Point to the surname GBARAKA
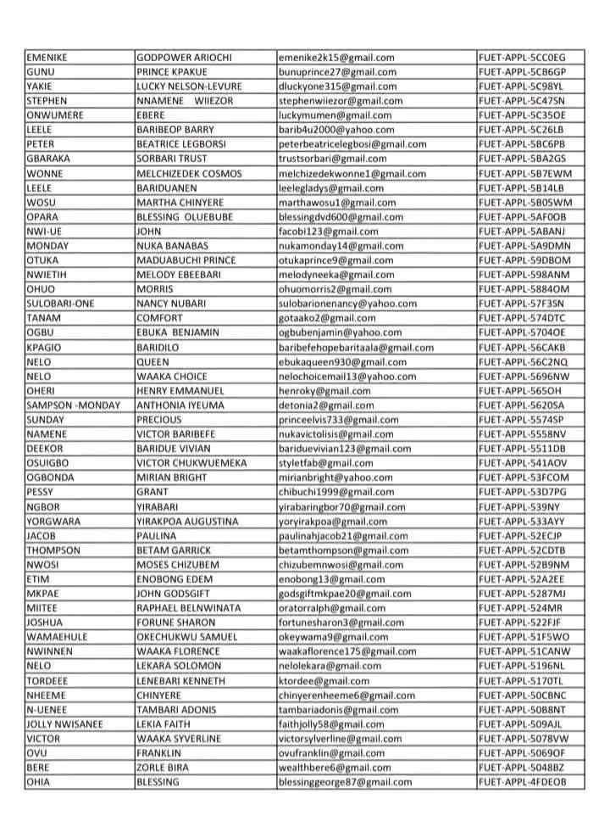49,159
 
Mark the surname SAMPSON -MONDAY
74,405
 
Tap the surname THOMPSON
53,550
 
